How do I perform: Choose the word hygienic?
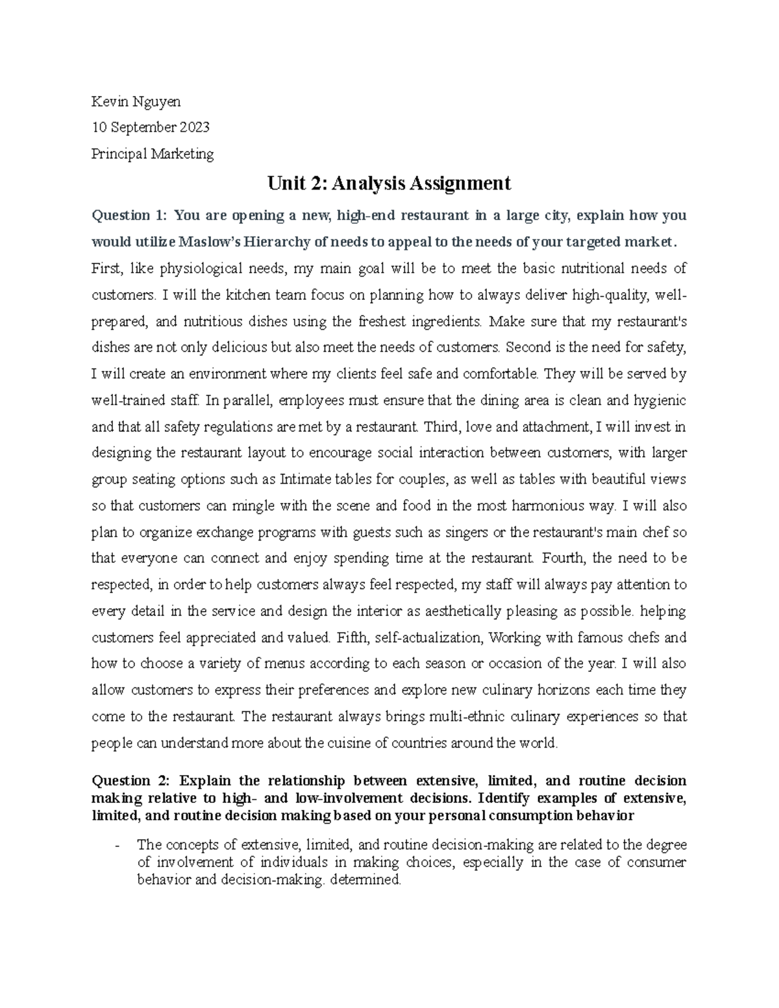click(659, 400)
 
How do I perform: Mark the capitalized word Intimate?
click(304, 480)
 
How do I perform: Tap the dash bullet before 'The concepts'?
click(116, 845)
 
